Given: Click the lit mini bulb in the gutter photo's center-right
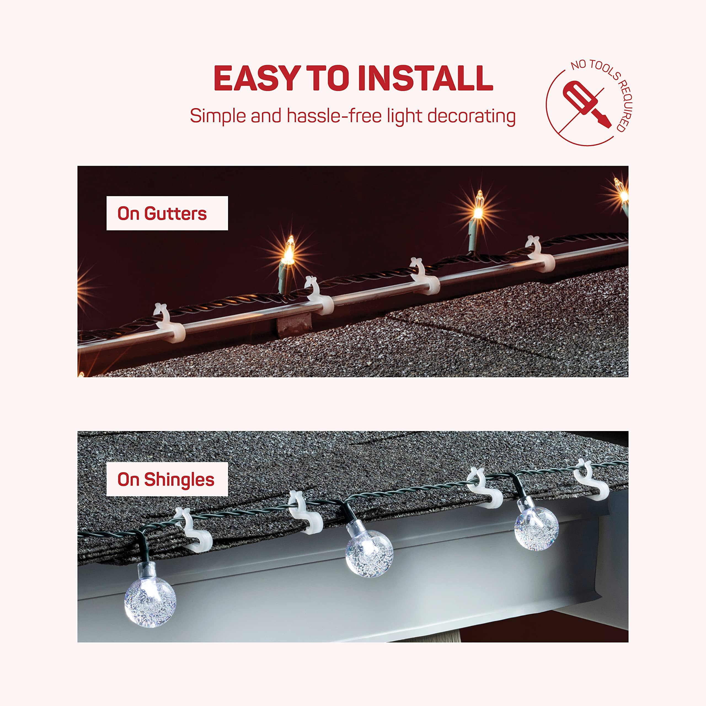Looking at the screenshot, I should tap(478, 208).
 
